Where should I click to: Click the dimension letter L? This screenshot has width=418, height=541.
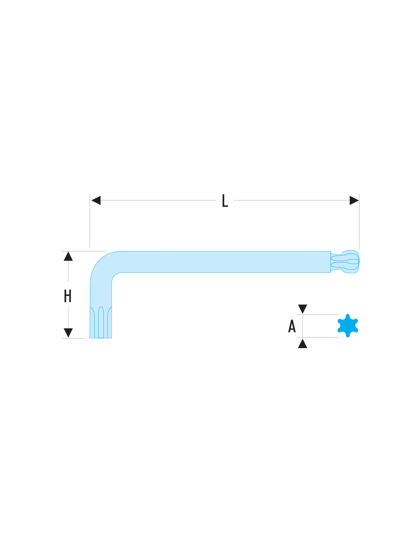pyautogui.click(x=225, y=200)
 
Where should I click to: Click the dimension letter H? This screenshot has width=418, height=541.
pyautogui.click(x=68, y=296)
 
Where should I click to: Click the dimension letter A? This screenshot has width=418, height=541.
pyautogui.click(x=292, y=326)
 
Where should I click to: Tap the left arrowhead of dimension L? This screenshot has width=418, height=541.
pyautogui.click(x=96, y=200)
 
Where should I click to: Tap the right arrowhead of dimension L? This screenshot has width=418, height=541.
pyautogui.click(x=354, y=200)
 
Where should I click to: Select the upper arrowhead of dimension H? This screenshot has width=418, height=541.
pyautogui.click(x=68, y=256)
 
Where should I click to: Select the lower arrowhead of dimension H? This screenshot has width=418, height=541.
pyautogui.click(x=68, y=333)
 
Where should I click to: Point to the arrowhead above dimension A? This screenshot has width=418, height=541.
pyautogui.click(x=302, y=309)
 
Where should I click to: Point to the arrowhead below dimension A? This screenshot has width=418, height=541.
pyautogui.click(x=302, y=343)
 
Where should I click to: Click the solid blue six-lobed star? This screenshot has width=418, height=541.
pyautogui.click(x=348, y=326)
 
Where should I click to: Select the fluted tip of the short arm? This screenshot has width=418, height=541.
pyautogui.click(x=101, y=322)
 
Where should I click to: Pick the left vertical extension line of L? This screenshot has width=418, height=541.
pyautogui.click(x=90, y=221)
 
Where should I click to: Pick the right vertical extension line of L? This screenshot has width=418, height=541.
pyautogui.click(x=359, y=221)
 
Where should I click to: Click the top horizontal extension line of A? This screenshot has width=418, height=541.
pyautogui.click(x=318, y=315)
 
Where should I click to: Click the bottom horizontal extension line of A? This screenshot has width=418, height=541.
pyautogui.click(x=318, y=337)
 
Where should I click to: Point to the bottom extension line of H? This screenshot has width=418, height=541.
pyautogui.click(x=73, y=338)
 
